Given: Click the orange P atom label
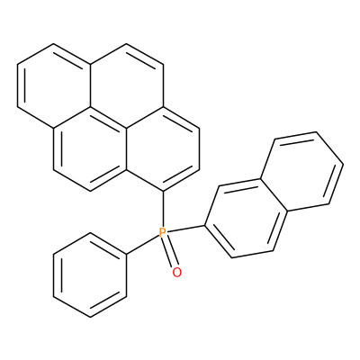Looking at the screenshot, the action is [162, 232].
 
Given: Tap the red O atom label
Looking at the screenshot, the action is [177, 272].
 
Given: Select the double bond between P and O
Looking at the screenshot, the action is [170, 252].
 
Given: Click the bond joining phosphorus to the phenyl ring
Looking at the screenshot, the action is [142, 245].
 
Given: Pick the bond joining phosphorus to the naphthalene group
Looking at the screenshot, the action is [186, 229].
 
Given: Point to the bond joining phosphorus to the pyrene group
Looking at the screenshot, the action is [163, 209].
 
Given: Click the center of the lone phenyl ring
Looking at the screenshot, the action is [90, 275].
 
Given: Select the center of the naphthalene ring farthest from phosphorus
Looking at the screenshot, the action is [302, 173].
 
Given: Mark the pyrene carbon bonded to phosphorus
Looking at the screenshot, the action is [163, 191].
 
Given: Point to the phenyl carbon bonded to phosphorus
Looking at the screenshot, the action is [127, 254].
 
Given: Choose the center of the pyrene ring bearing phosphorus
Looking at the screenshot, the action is [163, 149].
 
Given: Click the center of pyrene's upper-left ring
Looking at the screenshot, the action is [54, 85].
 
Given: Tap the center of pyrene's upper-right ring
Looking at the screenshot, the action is [127, 85].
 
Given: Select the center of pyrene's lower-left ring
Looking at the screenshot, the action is [90, 149].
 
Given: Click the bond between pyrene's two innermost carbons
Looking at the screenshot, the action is [108, 117].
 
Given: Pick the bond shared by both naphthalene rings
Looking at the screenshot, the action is [274, 196].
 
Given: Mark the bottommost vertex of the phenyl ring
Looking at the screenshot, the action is [90, 317].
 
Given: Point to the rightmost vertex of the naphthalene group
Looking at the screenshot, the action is [344, 165].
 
